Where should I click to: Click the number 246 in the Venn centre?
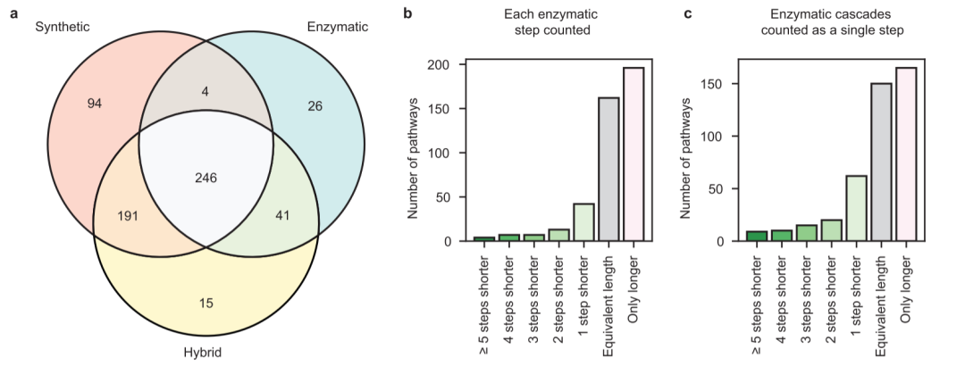pyautogui.click(x=206, y=179)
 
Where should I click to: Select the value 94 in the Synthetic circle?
pyautogui.click(x=94, y=104)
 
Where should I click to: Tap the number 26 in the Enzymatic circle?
pyautogui.click(x=315, y=106)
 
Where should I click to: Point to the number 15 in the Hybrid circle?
pyautogui.click(x=206, y=303)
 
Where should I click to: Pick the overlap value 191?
pyautogui.click(x=127, y=216)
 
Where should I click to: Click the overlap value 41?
pyautogui.click(x=282, y=215)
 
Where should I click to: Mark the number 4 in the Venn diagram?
pyautogui.click(x=206, y=91)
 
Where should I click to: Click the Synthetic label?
pyautogui.click(x=63, y=27)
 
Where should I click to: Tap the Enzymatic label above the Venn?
pyautogui.click(x=337, y=27)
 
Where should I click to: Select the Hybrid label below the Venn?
pyautogui.click(x=203, y=353)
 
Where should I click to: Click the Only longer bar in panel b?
pyautogui.click(x=634, y=154)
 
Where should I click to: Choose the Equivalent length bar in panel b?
pyautogui.click(x=608, y=169)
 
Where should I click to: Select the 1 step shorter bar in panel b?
pyautogui.click(x=584, y=222)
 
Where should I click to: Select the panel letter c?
pyautogui.click(x=689, y=12)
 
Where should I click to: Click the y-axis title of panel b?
pyautogui.click(x=413, y=158)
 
